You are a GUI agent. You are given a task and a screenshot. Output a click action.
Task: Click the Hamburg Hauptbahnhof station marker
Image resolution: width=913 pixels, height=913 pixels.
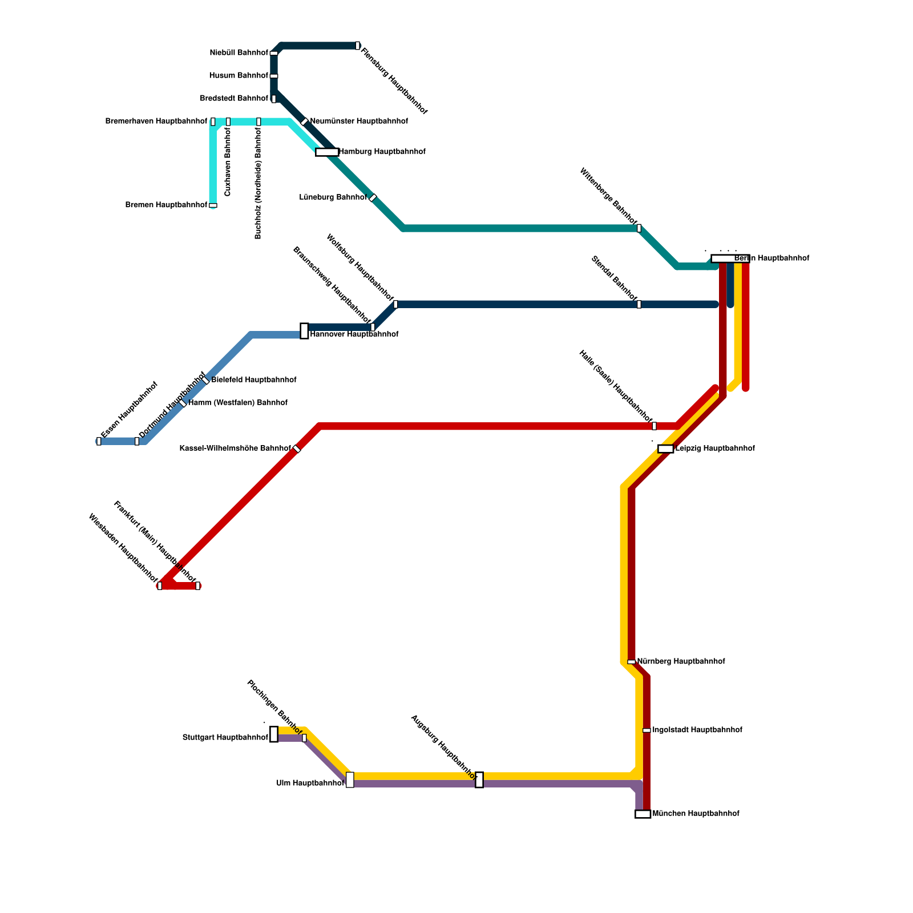327,152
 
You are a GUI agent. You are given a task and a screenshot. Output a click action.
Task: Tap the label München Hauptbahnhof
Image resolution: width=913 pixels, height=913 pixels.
696,814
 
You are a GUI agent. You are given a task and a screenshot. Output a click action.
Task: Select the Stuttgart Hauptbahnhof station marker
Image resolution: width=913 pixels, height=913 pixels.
274,734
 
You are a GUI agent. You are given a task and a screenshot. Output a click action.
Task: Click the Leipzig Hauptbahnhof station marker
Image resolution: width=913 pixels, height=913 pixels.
665,449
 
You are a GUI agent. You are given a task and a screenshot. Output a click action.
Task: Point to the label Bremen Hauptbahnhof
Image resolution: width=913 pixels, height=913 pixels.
166,205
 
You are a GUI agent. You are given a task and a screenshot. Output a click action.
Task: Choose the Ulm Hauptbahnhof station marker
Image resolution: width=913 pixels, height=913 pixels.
350,779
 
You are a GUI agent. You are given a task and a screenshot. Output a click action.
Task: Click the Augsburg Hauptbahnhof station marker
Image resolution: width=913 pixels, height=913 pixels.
479,779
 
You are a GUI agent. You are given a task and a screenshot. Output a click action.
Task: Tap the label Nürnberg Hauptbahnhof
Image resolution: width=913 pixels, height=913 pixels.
681,662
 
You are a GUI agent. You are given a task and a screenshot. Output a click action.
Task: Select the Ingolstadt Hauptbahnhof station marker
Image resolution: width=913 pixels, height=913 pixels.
647,730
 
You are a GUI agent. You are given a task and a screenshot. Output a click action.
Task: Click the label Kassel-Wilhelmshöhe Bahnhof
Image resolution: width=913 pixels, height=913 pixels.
235,449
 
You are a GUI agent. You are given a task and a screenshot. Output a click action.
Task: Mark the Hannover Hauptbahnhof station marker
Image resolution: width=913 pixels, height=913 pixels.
304,331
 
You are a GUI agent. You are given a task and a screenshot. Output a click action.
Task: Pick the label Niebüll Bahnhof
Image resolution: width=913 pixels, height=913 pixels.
239,53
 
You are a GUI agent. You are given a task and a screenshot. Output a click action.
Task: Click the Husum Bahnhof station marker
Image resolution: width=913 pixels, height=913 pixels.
274,76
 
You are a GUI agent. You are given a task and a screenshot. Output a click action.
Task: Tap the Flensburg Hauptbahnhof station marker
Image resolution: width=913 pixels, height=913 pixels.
358,46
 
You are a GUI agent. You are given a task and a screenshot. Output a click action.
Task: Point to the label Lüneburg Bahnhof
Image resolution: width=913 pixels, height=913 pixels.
333,197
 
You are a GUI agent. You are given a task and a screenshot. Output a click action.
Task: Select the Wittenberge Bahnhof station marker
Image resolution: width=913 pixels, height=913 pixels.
639,228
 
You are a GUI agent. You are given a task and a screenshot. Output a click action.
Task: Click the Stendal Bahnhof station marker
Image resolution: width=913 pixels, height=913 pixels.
639,304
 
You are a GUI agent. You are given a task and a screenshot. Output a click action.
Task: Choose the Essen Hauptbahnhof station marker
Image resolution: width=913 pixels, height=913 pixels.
99,441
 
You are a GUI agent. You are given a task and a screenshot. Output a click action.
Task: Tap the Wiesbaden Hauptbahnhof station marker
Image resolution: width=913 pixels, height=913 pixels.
160,585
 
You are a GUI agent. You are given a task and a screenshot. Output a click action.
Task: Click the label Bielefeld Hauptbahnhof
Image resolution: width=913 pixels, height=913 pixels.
254,380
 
